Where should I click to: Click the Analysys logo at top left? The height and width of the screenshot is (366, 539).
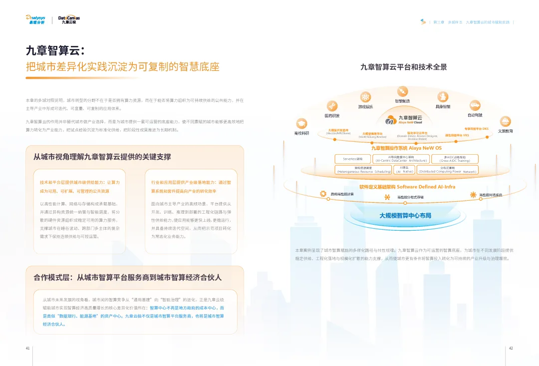click(35, 19)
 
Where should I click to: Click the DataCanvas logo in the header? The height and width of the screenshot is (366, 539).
click(69, 19)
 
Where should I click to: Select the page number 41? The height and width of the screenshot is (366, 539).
click(28, 348)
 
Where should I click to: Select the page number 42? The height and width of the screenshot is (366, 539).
click(511, 348)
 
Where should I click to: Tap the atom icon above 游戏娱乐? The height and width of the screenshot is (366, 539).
click(365, 97)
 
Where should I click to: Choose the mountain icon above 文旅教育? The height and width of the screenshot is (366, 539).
click(505, 121)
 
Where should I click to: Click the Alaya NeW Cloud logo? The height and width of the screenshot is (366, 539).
click(404, 120)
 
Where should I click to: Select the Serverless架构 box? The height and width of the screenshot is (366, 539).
click(353, 159)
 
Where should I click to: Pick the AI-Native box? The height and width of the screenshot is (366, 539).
click(404, 170)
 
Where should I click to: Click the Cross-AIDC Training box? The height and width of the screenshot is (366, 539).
click(455, 159)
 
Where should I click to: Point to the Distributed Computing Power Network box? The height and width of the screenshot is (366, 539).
click(447, 170)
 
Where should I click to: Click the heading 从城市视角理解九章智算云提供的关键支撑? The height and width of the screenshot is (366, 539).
click(102, 157)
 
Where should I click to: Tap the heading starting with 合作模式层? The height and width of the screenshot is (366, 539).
click(127, 277)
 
